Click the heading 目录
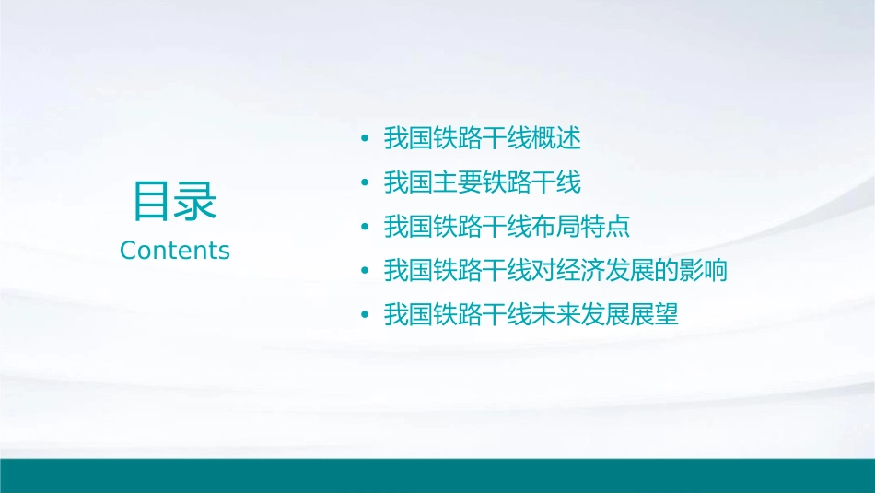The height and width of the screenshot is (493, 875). (x=174, y=201)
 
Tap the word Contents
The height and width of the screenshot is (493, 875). (x=174, y=251)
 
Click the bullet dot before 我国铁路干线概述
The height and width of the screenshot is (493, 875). (x=365, y=139)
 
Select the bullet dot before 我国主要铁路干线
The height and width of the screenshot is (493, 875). (x=365, y=183)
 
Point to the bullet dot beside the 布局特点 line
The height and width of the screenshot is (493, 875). (x=365, y=228)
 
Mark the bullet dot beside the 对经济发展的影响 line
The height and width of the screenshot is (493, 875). (x=365, y=272)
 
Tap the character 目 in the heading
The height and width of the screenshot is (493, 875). (x=152, y=201)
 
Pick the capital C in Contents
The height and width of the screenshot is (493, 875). (x=128, y=251)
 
